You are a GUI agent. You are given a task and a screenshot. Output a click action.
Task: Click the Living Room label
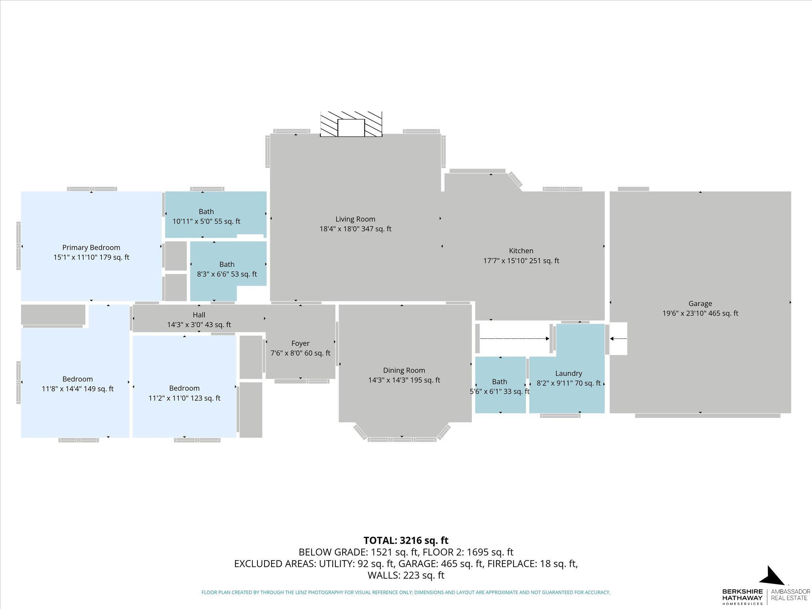click(355, 219)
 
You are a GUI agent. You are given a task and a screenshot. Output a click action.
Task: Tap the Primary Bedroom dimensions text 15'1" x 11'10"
click(91, 257)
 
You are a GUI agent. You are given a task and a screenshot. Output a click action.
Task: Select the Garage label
click(700, 304)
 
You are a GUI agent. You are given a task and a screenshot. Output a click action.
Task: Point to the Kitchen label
click(521, 251)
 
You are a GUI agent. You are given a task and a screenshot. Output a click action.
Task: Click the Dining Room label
click(404, 370)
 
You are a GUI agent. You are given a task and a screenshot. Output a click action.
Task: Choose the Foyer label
click(300, 343)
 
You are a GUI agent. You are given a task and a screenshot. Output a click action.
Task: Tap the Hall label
click(199, 315)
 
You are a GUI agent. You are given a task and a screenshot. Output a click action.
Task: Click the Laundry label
click(569, 373)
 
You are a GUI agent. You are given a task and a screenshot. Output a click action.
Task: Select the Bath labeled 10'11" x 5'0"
click(206, 212)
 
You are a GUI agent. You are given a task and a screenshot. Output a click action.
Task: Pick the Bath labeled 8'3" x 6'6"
click(227, 264)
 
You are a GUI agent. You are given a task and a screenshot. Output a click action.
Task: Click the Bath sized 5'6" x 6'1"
click(500, 382)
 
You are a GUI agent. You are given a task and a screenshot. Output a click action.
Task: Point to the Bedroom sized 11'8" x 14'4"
click(78, 379)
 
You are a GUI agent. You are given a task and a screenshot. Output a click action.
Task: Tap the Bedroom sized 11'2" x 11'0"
click(184, 388)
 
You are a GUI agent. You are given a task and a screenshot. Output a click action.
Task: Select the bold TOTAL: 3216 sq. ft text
click(406, 540)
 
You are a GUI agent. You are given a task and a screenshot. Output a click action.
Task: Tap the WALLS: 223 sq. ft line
click(406, 575)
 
